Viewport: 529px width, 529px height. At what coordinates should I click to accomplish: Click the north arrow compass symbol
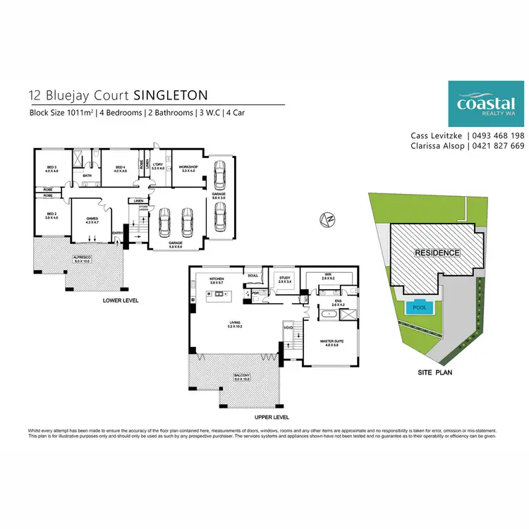click(x=327, y=219)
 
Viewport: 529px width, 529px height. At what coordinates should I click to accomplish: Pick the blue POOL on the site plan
click(x=420, y=308)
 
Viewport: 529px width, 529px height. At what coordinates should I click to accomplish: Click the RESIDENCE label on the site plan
click(x=437, y=253)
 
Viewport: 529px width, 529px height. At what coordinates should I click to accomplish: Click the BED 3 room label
click(x=51, y=166)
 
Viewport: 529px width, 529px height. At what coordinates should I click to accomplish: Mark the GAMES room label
click(x=91, y=219)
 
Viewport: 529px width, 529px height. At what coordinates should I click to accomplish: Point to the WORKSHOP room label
click(x=188, y=166)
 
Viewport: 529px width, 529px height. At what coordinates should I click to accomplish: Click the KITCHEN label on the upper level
click(x=217, y=280)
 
